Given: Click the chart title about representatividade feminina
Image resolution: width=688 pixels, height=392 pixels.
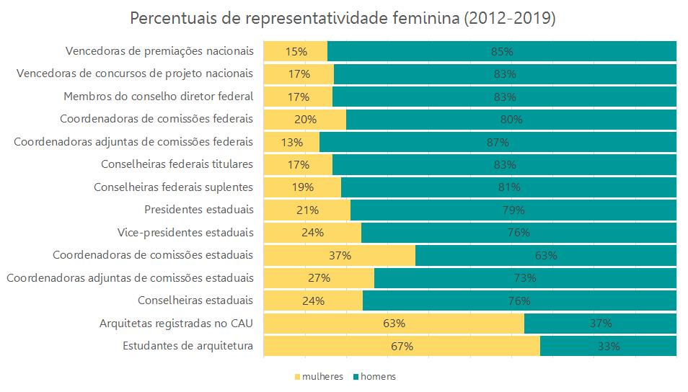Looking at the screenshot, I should click(343, 19).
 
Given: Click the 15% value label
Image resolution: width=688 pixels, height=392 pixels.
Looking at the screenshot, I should click(296, 52).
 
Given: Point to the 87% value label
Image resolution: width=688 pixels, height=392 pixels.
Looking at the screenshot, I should click(498, 142).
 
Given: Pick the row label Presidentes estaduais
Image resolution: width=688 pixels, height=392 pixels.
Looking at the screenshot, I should click(199, 210).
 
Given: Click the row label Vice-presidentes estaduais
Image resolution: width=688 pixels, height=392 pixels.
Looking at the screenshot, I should click(185, 233).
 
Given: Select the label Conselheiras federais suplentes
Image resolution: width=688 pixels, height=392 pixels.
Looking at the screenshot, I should click(174, 187).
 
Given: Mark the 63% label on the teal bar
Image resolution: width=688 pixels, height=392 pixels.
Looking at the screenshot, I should click(545, 255).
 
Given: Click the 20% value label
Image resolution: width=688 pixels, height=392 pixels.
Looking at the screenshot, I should click(305, 120).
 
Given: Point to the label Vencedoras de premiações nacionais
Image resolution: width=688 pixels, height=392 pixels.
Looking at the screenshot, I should click(159, 51).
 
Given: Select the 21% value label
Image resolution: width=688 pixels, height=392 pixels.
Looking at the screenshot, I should click(307, 210).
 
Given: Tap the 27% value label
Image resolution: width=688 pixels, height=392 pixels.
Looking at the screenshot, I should click(319, 278).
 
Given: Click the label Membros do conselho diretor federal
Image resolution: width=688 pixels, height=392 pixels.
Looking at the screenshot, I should click(159, 97).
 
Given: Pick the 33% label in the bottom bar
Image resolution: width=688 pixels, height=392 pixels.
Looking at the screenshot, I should click(608, 346).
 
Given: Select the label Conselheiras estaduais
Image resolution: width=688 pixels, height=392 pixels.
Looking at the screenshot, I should click(195, 300).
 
